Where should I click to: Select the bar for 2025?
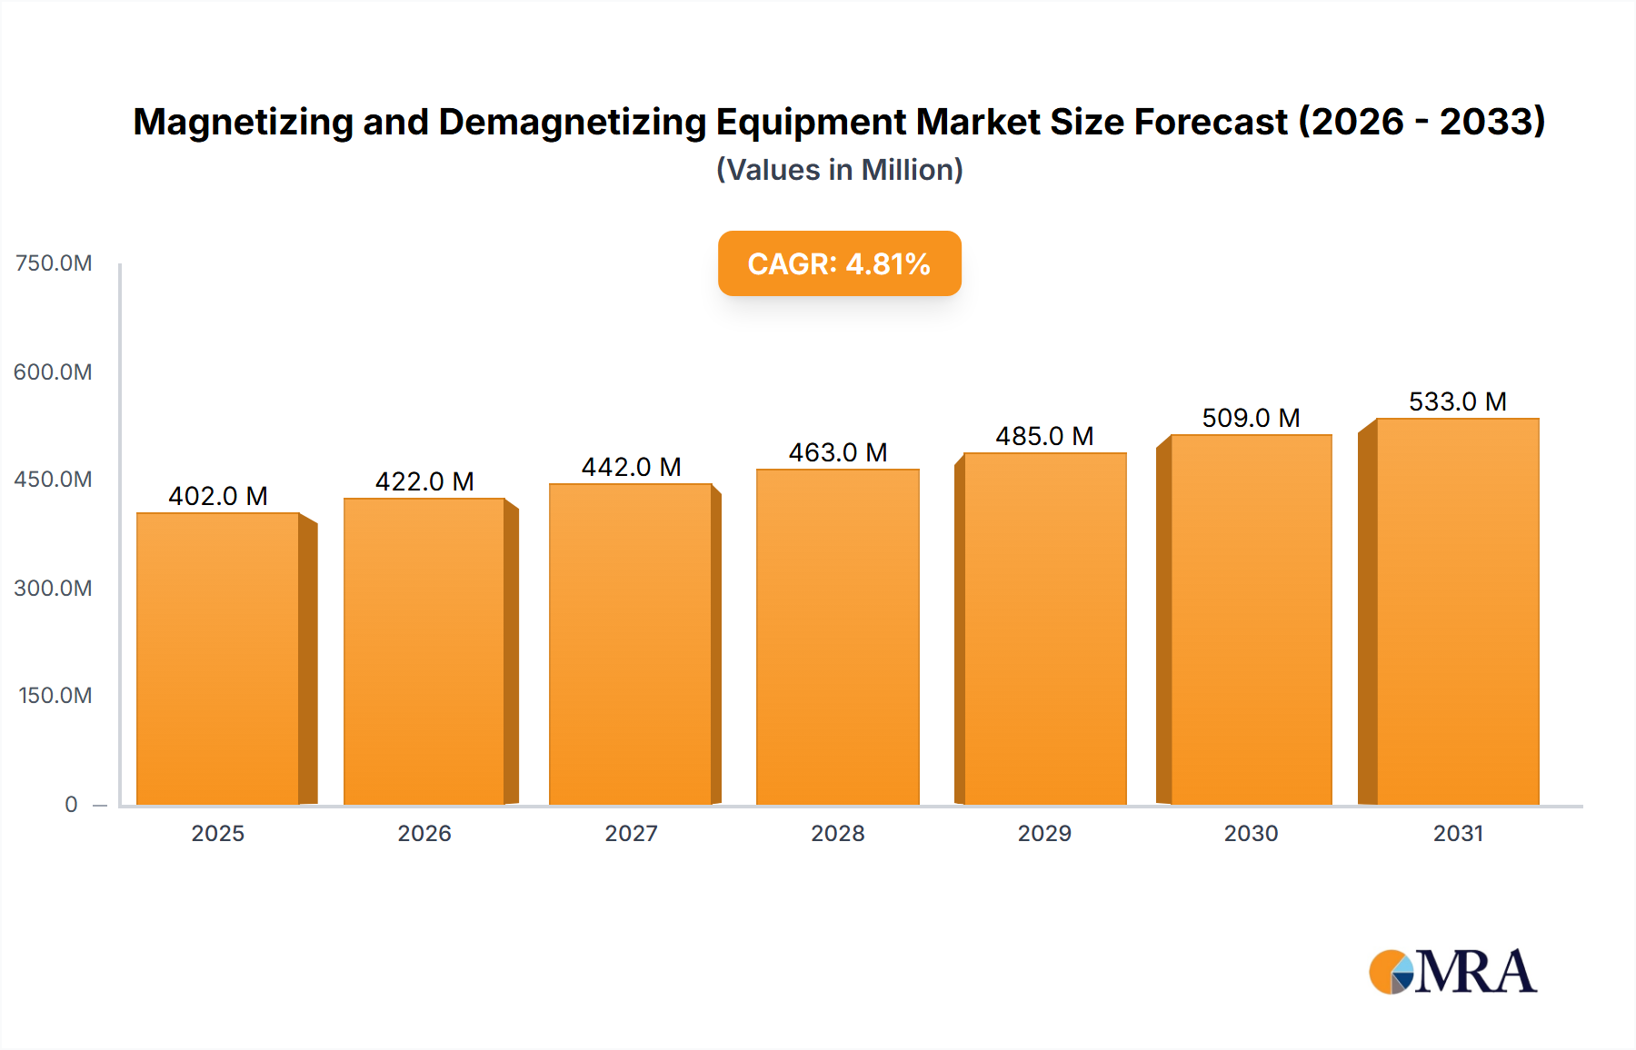point(218,659)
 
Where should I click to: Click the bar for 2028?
point(837,636)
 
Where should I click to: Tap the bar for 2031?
point(1457,611)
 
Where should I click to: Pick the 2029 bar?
point(1044,629)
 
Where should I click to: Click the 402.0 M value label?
point(218,496)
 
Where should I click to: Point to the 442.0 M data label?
point(631,467)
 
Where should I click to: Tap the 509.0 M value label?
point(1251,418)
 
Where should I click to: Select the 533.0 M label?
point(1457,401)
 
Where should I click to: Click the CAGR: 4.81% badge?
point(839,263)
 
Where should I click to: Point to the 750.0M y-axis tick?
point(54,263)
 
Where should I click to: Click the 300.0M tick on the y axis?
point(54,588)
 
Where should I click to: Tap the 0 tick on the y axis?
point(71,804)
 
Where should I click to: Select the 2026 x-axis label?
point(424,833)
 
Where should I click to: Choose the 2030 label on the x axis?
point(1251,833)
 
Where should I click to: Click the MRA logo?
point(1452,972)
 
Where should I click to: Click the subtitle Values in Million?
point(839,170)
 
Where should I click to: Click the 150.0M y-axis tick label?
point(55,696)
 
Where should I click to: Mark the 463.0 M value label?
point(837,452)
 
